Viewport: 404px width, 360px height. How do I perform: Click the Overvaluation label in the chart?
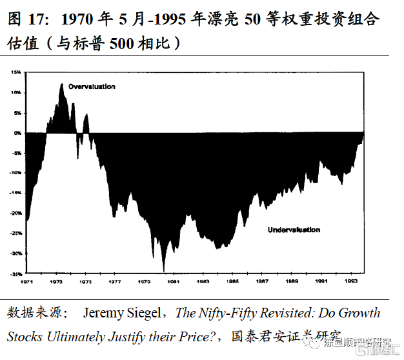click(x=92, y=86)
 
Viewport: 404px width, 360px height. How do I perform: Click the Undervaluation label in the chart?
click(x=294, y=230)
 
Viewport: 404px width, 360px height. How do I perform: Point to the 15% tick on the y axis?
click(x=17, y=72)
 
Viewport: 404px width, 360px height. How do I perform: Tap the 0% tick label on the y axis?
click(x=18, y=132)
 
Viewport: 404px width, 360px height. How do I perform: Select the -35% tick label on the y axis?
click(x=15, y=273)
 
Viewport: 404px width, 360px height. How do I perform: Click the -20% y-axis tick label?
click(x=15, y=213)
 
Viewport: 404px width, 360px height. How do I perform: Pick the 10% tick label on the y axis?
click(x=17, y=92)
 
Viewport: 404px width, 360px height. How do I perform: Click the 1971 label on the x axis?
click(x=28, y=282)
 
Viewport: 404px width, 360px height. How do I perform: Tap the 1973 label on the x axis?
click(x=57, y=282)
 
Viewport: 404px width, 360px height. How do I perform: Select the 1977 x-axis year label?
click(x=115, y=282)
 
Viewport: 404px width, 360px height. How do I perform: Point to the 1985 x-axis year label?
click(x=232, y=282)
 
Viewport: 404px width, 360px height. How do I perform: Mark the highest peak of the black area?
click(x=62, y=84)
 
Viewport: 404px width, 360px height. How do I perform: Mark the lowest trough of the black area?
click(x=164, y=271)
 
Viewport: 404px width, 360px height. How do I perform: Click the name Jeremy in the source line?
click(x=103, y=314)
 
